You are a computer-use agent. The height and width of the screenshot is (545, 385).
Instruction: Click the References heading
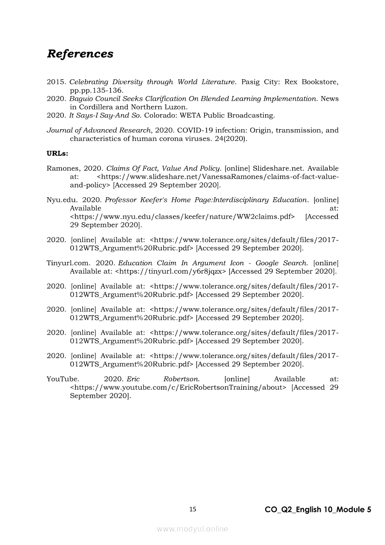tap(80, 54)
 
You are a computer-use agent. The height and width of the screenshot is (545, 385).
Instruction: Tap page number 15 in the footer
tap(193, 509)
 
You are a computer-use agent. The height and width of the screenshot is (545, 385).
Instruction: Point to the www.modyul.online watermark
tap(192, 529)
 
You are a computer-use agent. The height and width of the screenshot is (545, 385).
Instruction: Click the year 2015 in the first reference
tap(56, 82)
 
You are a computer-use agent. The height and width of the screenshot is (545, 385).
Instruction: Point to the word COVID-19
tap(192, 131)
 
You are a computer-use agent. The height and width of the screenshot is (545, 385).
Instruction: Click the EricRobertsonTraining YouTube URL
tap(178, 387)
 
